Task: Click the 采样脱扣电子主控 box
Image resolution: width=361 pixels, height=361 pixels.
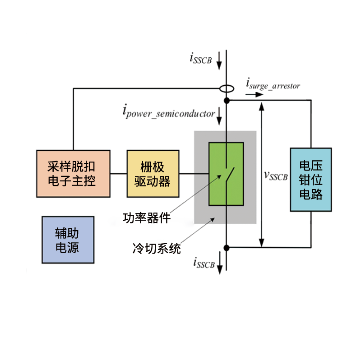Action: pos(73,174)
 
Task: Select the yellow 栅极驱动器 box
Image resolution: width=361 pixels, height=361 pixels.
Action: pos(153,174)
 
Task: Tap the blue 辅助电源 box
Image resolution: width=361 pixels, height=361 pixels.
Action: pos(68,240)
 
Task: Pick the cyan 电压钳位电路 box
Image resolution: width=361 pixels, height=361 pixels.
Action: pos(311,180)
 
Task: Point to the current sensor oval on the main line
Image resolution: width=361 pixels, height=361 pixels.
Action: pos(227,88)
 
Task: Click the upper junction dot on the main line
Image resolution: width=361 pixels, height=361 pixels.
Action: pos(227,100)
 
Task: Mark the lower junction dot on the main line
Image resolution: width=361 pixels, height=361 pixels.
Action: pos(227,248)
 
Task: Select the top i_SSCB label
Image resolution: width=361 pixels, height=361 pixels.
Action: pos(200,58)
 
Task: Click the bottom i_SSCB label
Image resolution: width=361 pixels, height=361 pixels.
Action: pos(204,263)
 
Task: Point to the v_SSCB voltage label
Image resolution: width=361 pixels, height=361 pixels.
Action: pos(276,176)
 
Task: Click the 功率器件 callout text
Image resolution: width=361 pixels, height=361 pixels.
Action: pos(147,218)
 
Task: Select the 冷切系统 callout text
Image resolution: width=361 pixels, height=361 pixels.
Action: pos(157,249)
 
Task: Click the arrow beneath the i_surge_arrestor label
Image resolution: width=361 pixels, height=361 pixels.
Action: pos(254,94)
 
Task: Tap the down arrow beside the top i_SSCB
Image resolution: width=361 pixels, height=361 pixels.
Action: pos(219,60)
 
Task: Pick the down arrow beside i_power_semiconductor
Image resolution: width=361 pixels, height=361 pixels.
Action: pos(219,116)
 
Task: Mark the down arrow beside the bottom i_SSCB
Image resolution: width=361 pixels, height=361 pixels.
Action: pos(220,263)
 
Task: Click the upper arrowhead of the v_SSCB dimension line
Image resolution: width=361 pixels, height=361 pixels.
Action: pos(261,106)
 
